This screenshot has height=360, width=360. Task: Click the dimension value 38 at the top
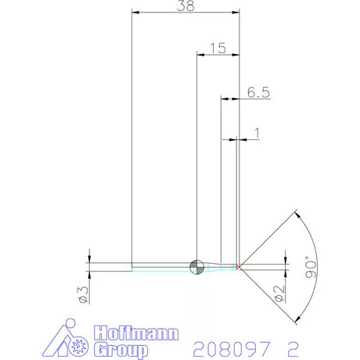[185, 6]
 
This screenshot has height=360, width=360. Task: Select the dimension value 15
[218, 49]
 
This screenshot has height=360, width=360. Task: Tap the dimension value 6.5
[258, 92]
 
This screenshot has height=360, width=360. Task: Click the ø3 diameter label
[81, 293]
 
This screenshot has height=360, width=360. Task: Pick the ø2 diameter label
[279, 293]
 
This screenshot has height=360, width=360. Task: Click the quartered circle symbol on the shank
[196, 266]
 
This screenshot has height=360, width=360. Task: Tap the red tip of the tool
[239, 267]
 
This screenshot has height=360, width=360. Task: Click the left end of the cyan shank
[133, 267]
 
